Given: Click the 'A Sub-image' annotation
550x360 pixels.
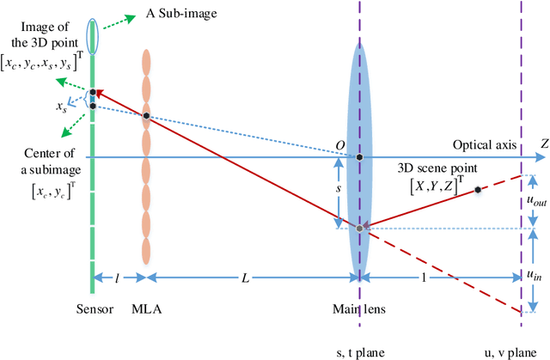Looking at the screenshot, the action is pyautogui.click(x=168, y=14).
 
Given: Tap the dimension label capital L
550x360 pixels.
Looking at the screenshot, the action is pyautogui.click(x=246, y=279).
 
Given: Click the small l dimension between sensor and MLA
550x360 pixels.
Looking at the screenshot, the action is pyautogui.click(x=118, y=279).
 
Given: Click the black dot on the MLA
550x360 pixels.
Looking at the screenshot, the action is pyautogui.click(x=147, y=116).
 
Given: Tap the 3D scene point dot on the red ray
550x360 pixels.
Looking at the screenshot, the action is pyautogui.click(x=477, y=189).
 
